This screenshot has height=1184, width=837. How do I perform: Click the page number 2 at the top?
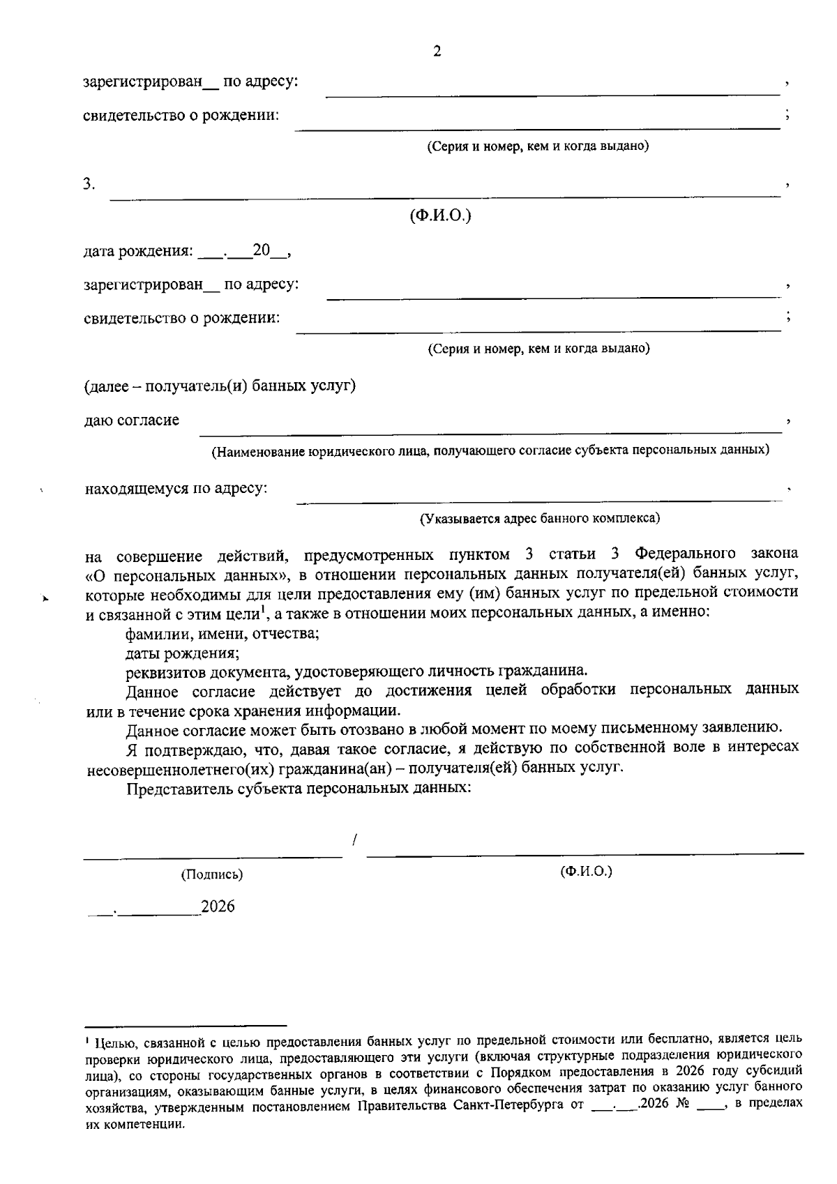(x=437, y=52)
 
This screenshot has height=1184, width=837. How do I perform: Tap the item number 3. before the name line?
(x=89, y=184)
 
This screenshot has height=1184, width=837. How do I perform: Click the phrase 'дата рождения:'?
(x=138, y=251)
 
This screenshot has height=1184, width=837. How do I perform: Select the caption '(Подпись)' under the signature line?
(x=212, y=874)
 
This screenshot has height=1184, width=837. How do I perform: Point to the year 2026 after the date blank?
(x=218, y=906)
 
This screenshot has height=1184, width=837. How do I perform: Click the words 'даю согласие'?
(x=132, y=420)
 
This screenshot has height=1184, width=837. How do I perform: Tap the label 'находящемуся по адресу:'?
(x=176, y=488)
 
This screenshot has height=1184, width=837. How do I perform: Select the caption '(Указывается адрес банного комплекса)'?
(x=539, y=519)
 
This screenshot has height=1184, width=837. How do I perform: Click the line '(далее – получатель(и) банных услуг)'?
(x=220, y=386)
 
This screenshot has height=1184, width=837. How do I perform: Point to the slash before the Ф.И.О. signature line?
(x=355, y=840)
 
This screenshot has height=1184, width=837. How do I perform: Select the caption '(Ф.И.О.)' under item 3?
(x=440, y=216)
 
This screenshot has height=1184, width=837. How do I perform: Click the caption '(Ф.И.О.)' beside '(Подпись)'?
(x=586, y=872)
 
